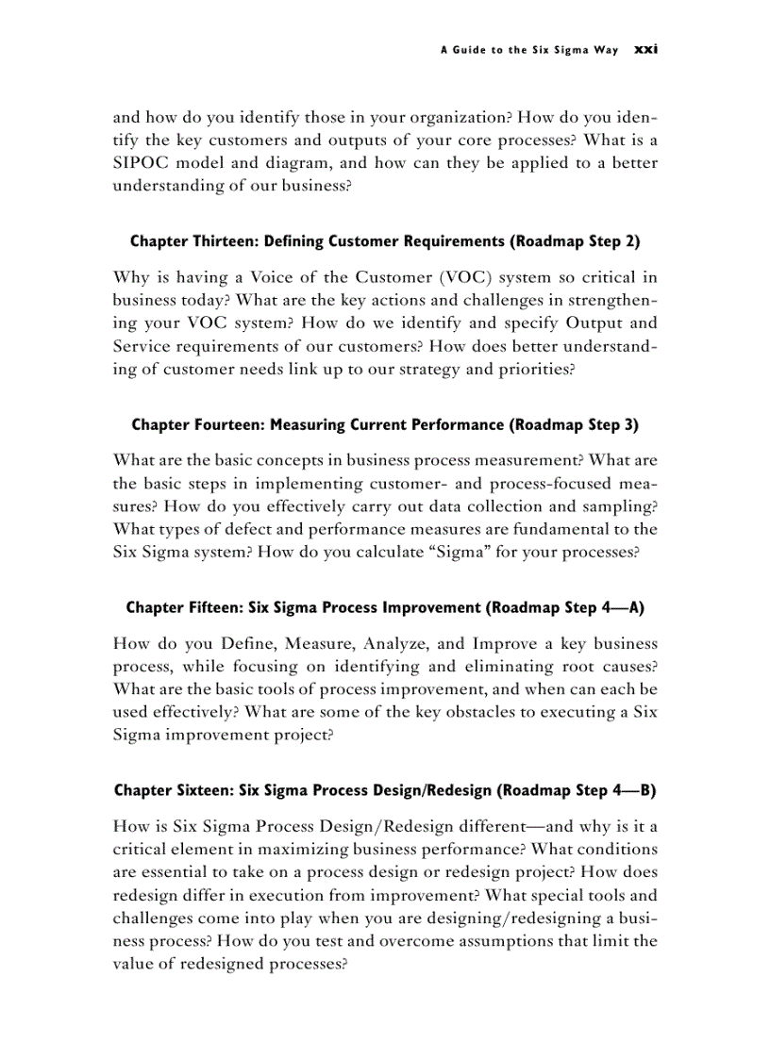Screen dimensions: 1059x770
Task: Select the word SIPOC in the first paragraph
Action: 142,162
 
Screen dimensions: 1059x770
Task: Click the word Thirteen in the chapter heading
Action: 224,241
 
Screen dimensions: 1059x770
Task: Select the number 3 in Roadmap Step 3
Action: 630,424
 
